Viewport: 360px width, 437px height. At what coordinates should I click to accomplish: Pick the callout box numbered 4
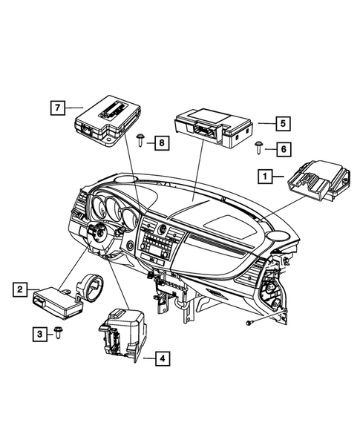point(162,360)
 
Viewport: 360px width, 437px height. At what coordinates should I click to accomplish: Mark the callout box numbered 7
point(56,107)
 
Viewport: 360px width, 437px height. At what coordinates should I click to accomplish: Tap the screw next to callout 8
point(141,138)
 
